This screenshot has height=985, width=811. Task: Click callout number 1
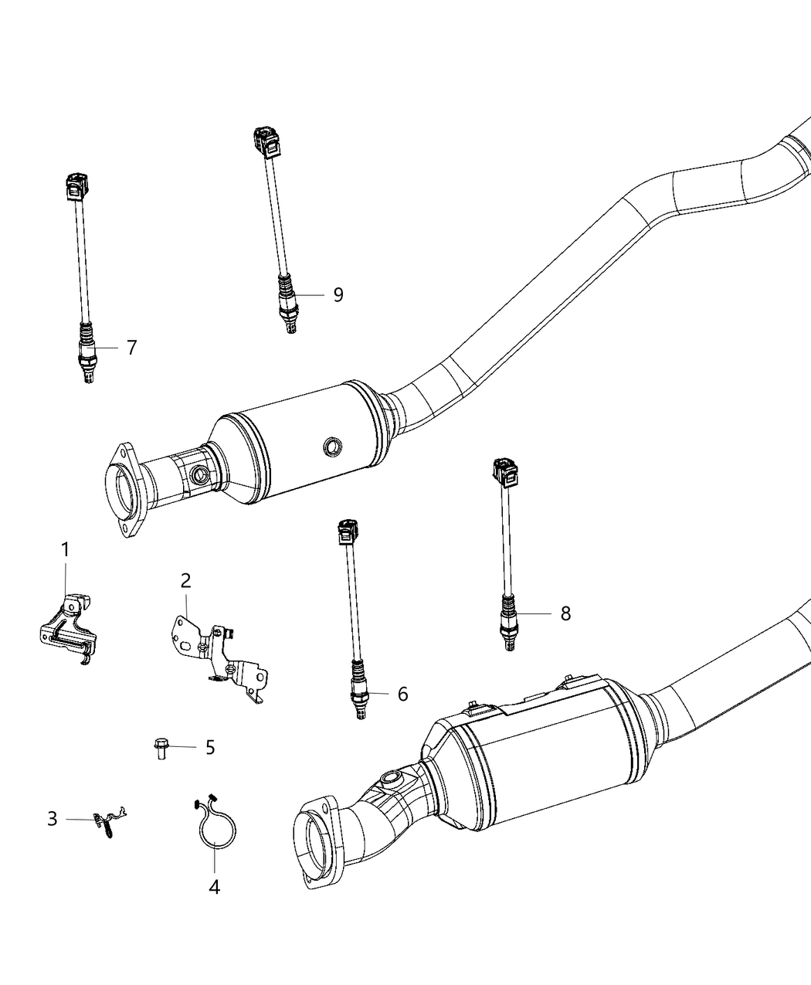coord(66,550)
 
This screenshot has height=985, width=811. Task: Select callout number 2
coord(185,580)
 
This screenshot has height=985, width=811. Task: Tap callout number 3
coord(52,818)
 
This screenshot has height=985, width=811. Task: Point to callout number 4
coord(214,888)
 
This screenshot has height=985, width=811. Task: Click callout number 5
coord(209,747)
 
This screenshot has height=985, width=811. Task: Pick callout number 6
coord(402,694)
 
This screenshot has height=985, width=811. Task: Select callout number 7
coord(131,348)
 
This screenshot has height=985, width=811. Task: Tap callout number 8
coord(565,613)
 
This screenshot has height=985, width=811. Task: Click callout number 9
coord(338,294)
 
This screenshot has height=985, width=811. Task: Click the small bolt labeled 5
coord(160,748)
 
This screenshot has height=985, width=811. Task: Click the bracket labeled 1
coord(70,626)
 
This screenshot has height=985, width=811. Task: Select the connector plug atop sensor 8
coord(503,472)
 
